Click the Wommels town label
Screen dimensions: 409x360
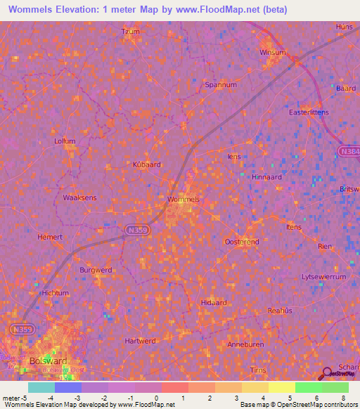184,200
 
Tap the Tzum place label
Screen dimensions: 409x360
131,32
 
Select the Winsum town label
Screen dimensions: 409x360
273,53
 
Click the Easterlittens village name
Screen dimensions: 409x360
309,112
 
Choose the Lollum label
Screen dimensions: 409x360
65,141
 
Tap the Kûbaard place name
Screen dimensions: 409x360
147,164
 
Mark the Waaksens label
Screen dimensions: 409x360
79,198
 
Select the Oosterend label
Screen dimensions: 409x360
241,242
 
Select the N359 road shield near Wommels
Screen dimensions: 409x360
137,229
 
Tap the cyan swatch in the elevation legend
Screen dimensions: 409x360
41,387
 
